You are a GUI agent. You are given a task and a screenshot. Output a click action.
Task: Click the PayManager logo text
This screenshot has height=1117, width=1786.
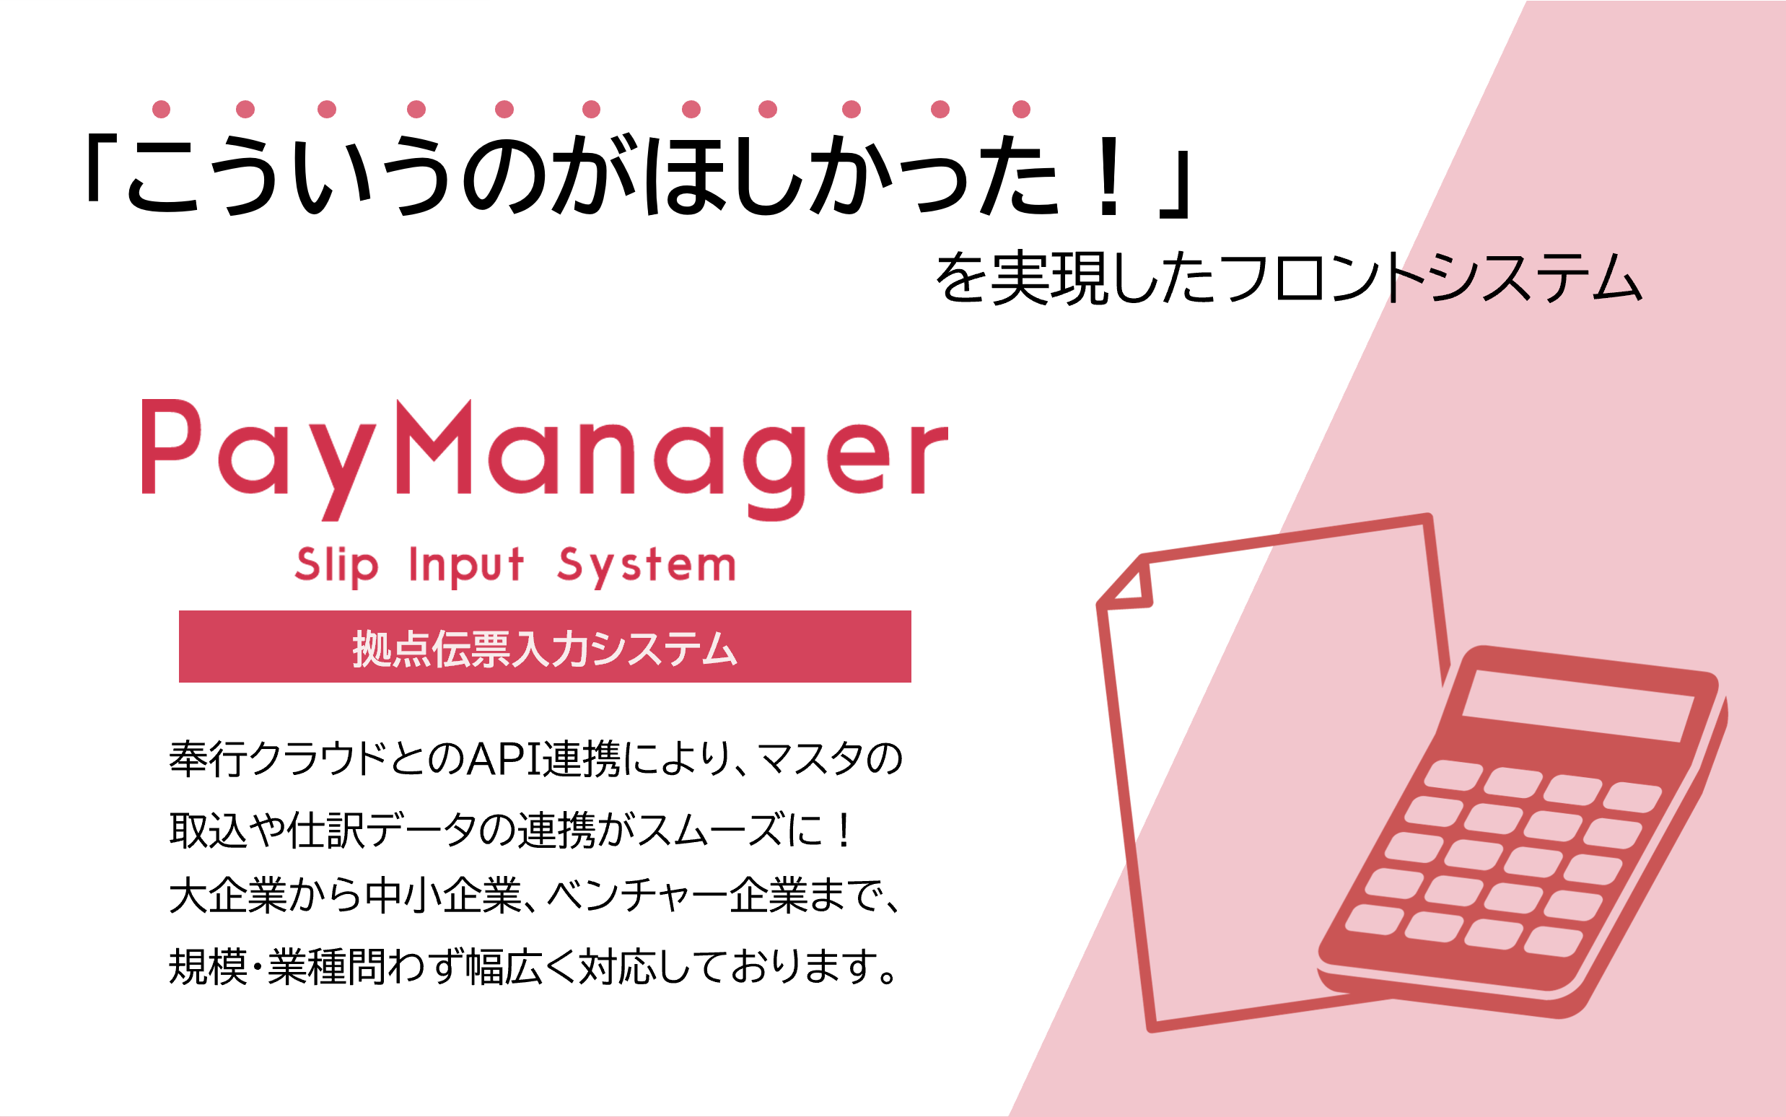click(x=544, y=460)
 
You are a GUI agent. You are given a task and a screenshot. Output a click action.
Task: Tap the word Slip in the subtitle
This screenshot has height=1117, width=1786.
click(x=337, y=566)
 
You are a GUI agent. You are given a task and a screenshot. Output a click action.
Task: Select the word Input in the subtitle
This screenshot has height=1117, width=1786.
click(x=466, y=566)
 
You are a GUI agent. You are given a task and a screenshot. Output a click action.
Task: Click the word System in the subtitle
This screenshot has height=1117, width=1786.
click(x=647, y=566)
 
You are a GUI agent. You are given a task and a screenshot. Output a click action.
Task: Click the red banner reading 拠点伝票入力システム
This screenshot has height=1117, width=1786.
click(x=544, y=647)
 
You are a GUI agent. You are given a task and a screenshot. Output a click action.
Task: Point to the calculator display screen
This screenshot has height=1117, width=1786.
click(x=1577, y=706)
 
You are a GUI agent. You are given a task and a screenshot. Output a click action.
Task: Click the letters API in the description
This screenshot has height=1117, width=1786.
click(x=504, y=759)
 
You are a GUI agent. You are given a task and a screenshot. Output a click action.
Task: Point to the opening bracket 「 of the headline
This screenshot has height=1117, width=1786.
click(x=101, y=168)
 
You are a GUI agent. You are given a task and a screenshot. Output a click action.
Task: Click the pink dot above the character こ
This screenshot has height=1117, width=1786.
click(x=161, y=110)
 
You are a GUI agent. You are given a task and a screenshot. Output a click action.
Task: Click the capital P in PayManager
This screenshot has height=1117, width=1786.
click(x=169, y=446)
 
